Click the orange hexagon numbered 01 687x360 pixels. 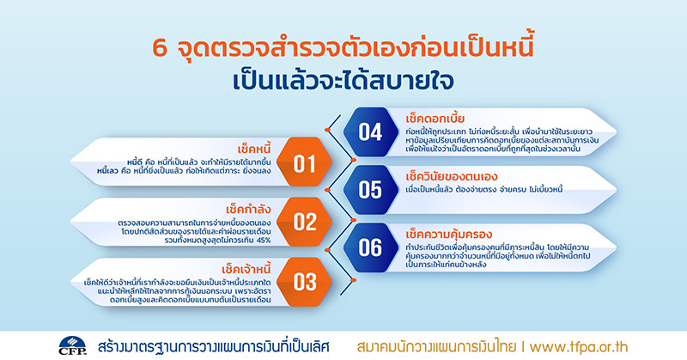pyautogui.click(x=305, y=162)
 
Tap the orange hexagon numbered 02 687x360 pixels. pyautogui.click(x=305, y=222)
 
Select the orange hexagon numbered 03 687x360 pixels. pyautogui.click(x=305, y=282)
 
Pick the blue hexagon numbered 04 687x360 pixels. pyautogui.click(x=371, y=132)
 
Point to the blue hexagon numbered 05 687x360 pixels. pyautogui.click(x=371, y=190)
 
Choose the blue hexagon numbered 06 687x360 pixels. pyautogui.click(x=371, y=247)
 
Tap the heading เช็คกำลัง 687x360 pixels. pyautogui.click(x=248, y=209)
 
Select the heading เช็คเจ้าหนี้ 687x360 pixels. pyautogui.click(x=246, y=268)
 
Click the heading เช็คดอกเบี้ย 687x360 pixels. pyautogui.click(x=435, y=119)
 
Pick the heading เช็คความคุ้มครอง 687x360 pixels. pyautogui.click(x=448, y=235)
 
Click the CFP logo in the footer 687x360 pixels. pyautogui.click(x=72, y=345)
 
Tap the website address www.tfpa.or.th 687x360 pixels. pyautogui.click(x=578, y=347)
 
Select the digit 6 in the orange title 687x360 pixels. pyautogui.click(x=160, y=49)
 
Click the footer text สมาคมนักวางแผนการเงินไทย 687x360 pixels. pyautogui.click(x=436, y=347)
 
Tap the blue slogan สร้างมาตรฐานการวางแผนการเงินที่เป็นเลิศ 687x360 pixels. pyautogui.click(x=213, y=347)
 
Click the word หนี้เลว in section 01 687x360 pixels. pyautogui.click(x=108, y=171)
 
